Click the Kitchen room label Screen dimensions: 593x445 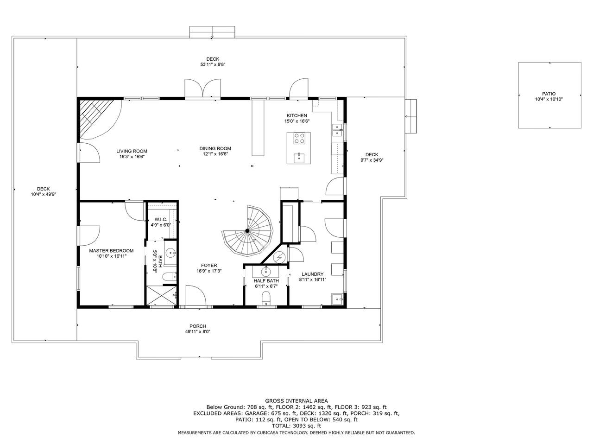[x=296, y=115]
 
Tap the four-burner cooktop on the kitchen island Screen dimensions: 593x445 [x=299, y=138]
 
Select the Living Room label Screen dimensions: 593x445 [x=132, y=151]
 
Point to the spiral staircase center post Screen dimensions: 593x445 [x=247, y=230]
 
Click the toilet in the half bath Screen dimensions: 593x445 [x=266, y=298]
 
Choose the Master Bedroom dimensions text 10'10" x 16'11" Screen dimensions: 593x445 [x=112, y=256]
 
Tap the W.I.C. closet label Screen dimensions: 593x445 [x=161, y=219]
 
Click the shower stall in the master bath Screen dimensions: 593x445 [x=161, y=296]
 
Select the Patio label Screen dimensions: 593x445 [x=549, y=94]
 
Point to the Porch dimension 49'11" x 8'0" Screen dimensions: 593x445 [x=198, y=331]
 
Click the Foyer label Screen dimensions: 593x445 [x=209, y=265]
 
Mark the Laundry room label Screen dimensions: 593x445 [x=313, y=274]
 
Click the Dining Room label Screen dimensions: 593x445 [x=215, y=148]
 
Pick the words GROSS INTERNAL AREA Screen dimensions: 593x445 [x=296, y=401]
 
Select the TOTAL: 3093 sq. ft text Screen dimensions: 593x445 [x=296, y=426]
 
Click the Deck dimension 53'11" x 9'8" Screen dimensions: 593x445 [x=213, y=64]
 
